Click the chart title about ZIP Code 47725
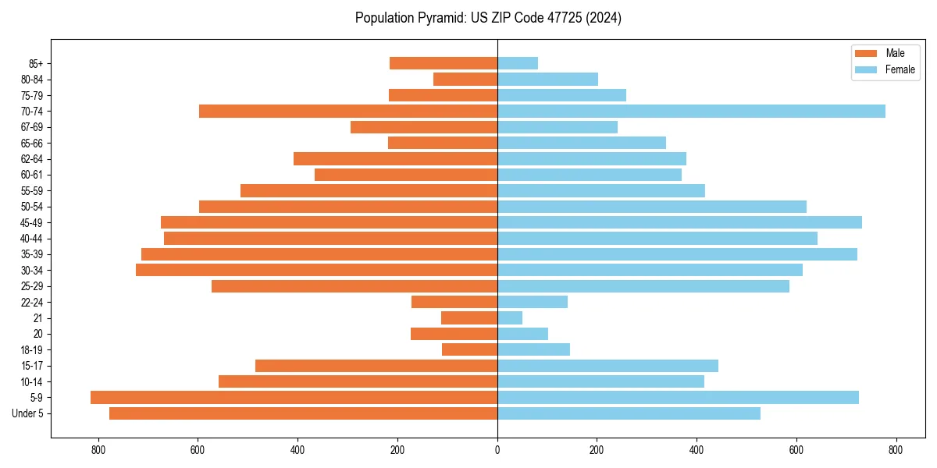click(x=488, y=18)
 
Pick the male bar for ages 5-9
click(x=294, y=398)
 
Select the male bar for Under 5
click(x=303, y=413)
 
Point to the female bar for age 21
click(x=510, y=318)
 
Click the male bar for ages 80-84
click(x=465, y=80)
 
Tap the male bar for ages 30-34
click(x=316, y=271)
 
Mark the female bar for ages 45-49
click(x=679, y=222)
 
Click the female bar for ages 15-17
click(x=607, y=366)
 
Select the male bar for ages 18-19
click(x=469, y=350)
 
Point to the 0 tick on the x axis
click(x=497, y=450)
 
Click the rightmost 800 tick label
click(x=896, y=450)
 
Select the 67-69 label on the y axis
click(x=32, y=127)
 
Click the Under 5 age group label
click(x=28, y=413)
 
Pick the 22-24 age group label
click(x=32, y=303)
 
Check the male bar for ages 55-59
click(x=369, y=191)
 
